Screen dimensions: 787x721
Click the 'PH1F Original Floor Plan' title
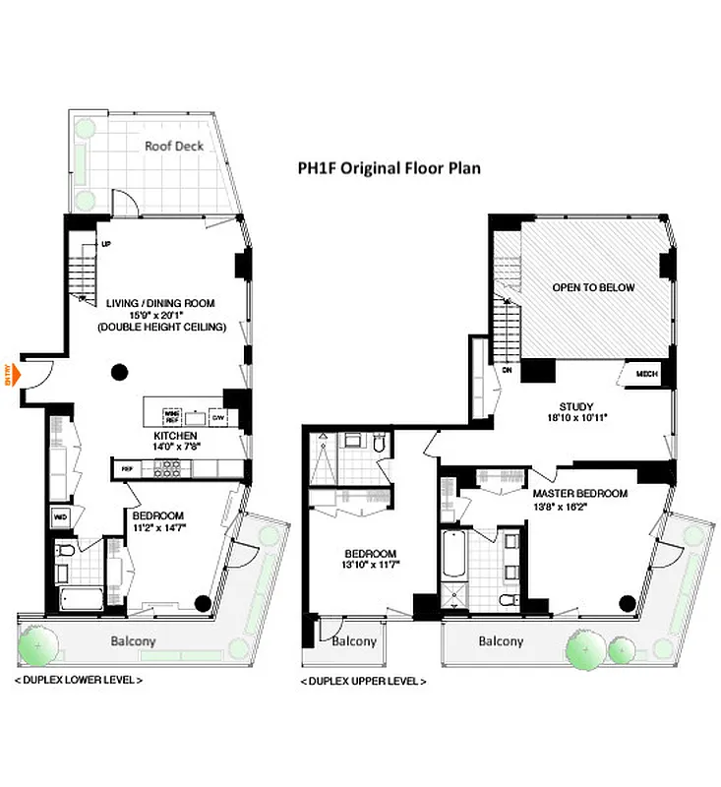pos(390,168)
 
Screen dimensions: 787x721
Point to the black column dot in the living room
pos(120,372)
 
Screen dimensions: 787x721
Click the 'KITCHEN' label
pos(176,435)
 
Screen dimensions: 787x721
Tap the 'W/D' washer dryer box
pos(60,515)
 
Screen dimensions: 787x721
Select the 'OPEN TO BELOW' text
pos(593,288)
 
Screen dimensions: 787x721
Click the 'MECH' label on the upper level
pos(645,374)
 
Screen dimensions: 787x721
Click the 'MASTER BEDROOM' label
pos(579,493)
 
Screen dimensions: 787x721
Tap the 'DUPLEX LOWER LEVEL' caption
pos(79,680)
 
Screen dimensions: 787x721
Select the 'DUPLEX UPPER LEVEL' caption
pos(363,681)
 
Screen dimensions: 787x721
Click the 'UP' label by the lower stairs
pos(105,244)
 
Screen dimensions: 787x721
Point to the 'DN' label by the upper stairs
pos(508,371)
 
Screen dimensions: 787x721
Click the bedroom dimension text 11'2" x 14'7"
pos(159,527)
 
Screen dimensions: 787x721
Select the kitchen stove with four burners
pos(168,469)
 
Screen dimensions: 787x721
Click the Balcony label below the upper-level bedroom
pos(354,641)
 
